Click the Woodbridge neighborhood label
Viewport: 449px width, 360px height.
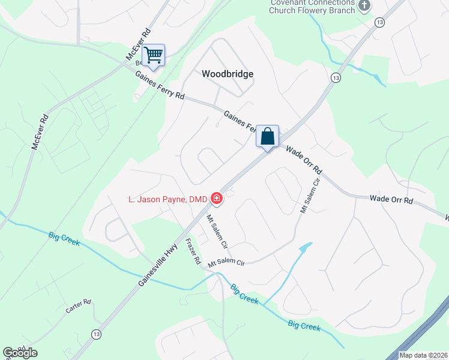tap(227, 74)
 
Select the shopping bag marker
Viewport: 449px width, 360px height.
tap(268, 136)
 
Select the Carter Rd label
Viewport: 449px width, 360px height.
tap(78, 306)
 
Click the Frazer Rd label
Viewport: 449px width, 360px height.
tap(193, 253)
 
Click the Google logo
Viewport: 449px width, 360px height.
tap(20, 353)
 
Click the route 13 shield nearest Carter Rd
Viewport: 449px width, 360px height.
tap(96, 334)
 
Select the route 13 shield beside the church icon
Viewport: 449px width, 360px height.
tap(379, 22)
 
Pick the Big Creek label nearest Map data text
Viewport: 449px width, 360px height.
tap(304, 326)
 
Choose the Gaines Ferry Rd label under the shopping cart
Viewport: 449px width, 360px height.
tap(160, 86)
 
